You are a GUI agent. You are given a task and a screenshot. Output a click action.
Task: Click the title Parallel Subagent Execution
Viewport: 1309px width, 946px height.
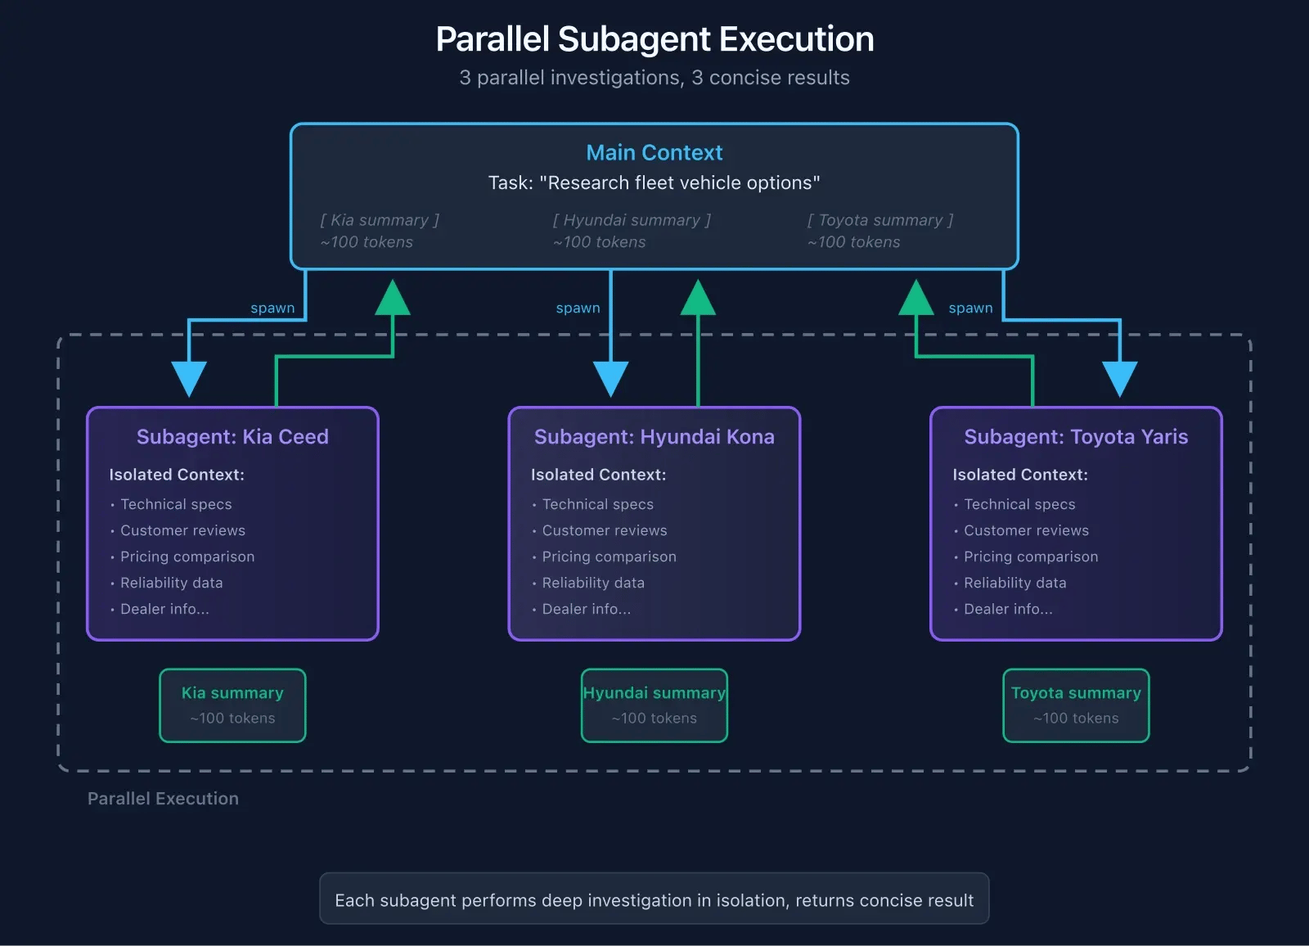654,39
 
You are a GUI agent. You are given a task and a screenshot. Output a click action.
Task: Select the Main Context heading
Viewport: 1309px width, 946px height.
654,153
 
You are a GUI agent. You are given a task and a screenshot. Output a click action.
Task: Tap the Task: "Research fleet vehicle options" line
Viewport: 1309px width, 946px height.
654,183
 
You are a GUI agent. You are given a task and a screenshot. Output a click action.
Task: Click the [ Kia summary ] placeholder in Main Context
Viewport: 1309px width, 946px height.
380,221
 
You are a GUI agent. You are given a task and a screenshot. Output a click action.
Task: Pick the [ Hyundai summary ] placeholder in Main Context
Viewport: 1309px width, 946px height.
632,221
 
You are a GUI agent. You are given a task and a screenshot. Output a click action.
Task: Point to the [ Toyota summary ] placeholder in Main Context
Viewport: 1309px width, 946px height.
880,221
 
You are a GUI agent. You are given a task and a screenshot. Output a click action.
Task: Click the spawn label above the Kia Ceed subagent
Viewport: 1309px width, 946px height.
272,309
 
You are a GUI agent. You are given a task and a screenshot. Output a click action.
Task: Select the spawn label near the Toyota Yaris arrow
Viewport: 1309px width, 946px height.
970,309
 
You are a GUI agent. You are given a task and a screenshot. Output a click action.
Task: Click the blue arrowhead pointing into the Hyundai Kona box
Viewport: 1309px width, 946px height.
611,378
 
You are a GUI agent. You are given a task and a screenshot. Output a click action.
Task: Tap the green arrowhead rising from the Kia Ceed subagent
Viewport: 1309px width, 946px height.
393,299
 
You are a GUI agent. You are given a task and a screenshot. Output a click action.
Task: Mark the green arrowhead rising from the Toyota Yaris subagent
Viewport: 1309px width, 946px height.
916,299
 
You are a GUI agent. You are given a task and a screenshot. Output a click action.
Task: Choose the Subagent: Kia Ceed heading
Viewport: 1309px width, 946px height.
232,437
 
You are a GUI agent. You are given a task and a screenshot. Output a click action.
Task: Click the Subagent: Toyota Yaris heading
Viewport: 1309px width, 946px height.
1076,437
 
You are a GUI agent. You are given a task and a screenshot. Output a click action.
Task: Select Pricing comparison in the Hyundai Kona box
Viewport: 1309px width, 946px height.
609,557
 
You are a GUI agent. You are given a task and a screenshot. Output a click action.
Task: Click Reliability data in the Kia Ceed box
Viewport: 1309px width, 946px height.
171,583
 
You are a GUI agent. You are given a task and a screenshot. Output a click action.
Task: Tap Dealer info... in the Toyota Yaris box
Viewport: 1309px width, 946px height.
1008,610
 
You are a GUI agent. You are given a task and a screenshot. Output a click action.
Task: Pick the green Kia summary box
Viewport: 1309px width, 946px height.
232,705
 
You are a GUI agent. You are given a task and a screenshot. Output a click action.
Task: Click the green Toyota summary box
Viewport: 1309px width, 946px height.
1076,705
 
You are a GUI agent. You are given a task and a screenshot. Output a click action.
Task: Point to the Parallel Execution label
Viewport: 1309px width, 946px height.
163,799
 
